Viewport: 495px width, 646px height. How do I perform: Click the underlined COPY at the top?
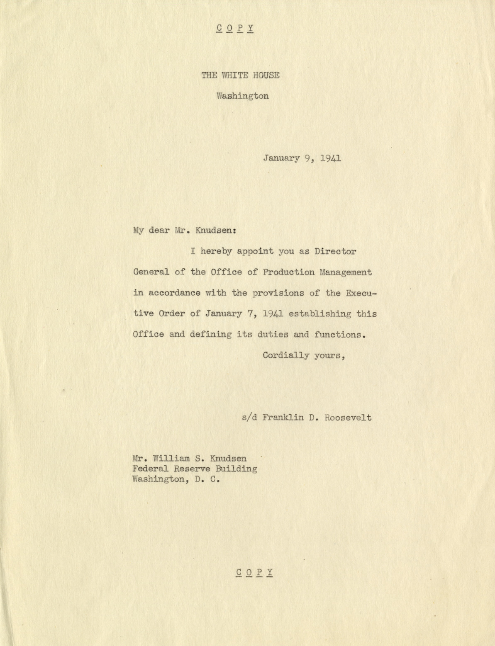[235, 29]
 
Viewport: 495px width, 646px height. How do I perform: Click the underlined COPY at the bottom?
[254, 573]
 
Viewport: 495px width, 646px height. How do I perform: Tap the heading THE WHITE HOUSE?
[240, 75]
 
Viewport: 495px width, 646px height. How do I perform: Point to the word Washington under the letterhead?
[242, 96]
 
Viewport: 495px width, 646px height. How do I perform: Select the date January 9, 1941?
[302, 158]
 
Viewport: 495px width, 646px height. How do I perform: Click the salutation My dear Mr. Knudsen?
[185, 231]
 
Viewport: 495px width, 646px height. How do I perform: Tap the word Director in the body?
[335, 252]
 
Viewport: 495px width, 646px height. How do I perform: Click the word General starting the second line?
[151, 272]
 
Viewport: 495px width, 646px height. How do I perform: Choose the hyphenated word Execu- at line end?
[361, 293]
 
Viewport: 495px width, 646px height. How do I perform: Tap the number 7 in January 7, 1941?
[249, 314]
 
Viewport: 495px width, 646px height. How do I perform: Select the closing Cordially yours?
[304, 356]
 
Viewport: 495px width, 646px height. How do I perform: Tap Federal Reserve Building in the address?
[195, 469]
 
